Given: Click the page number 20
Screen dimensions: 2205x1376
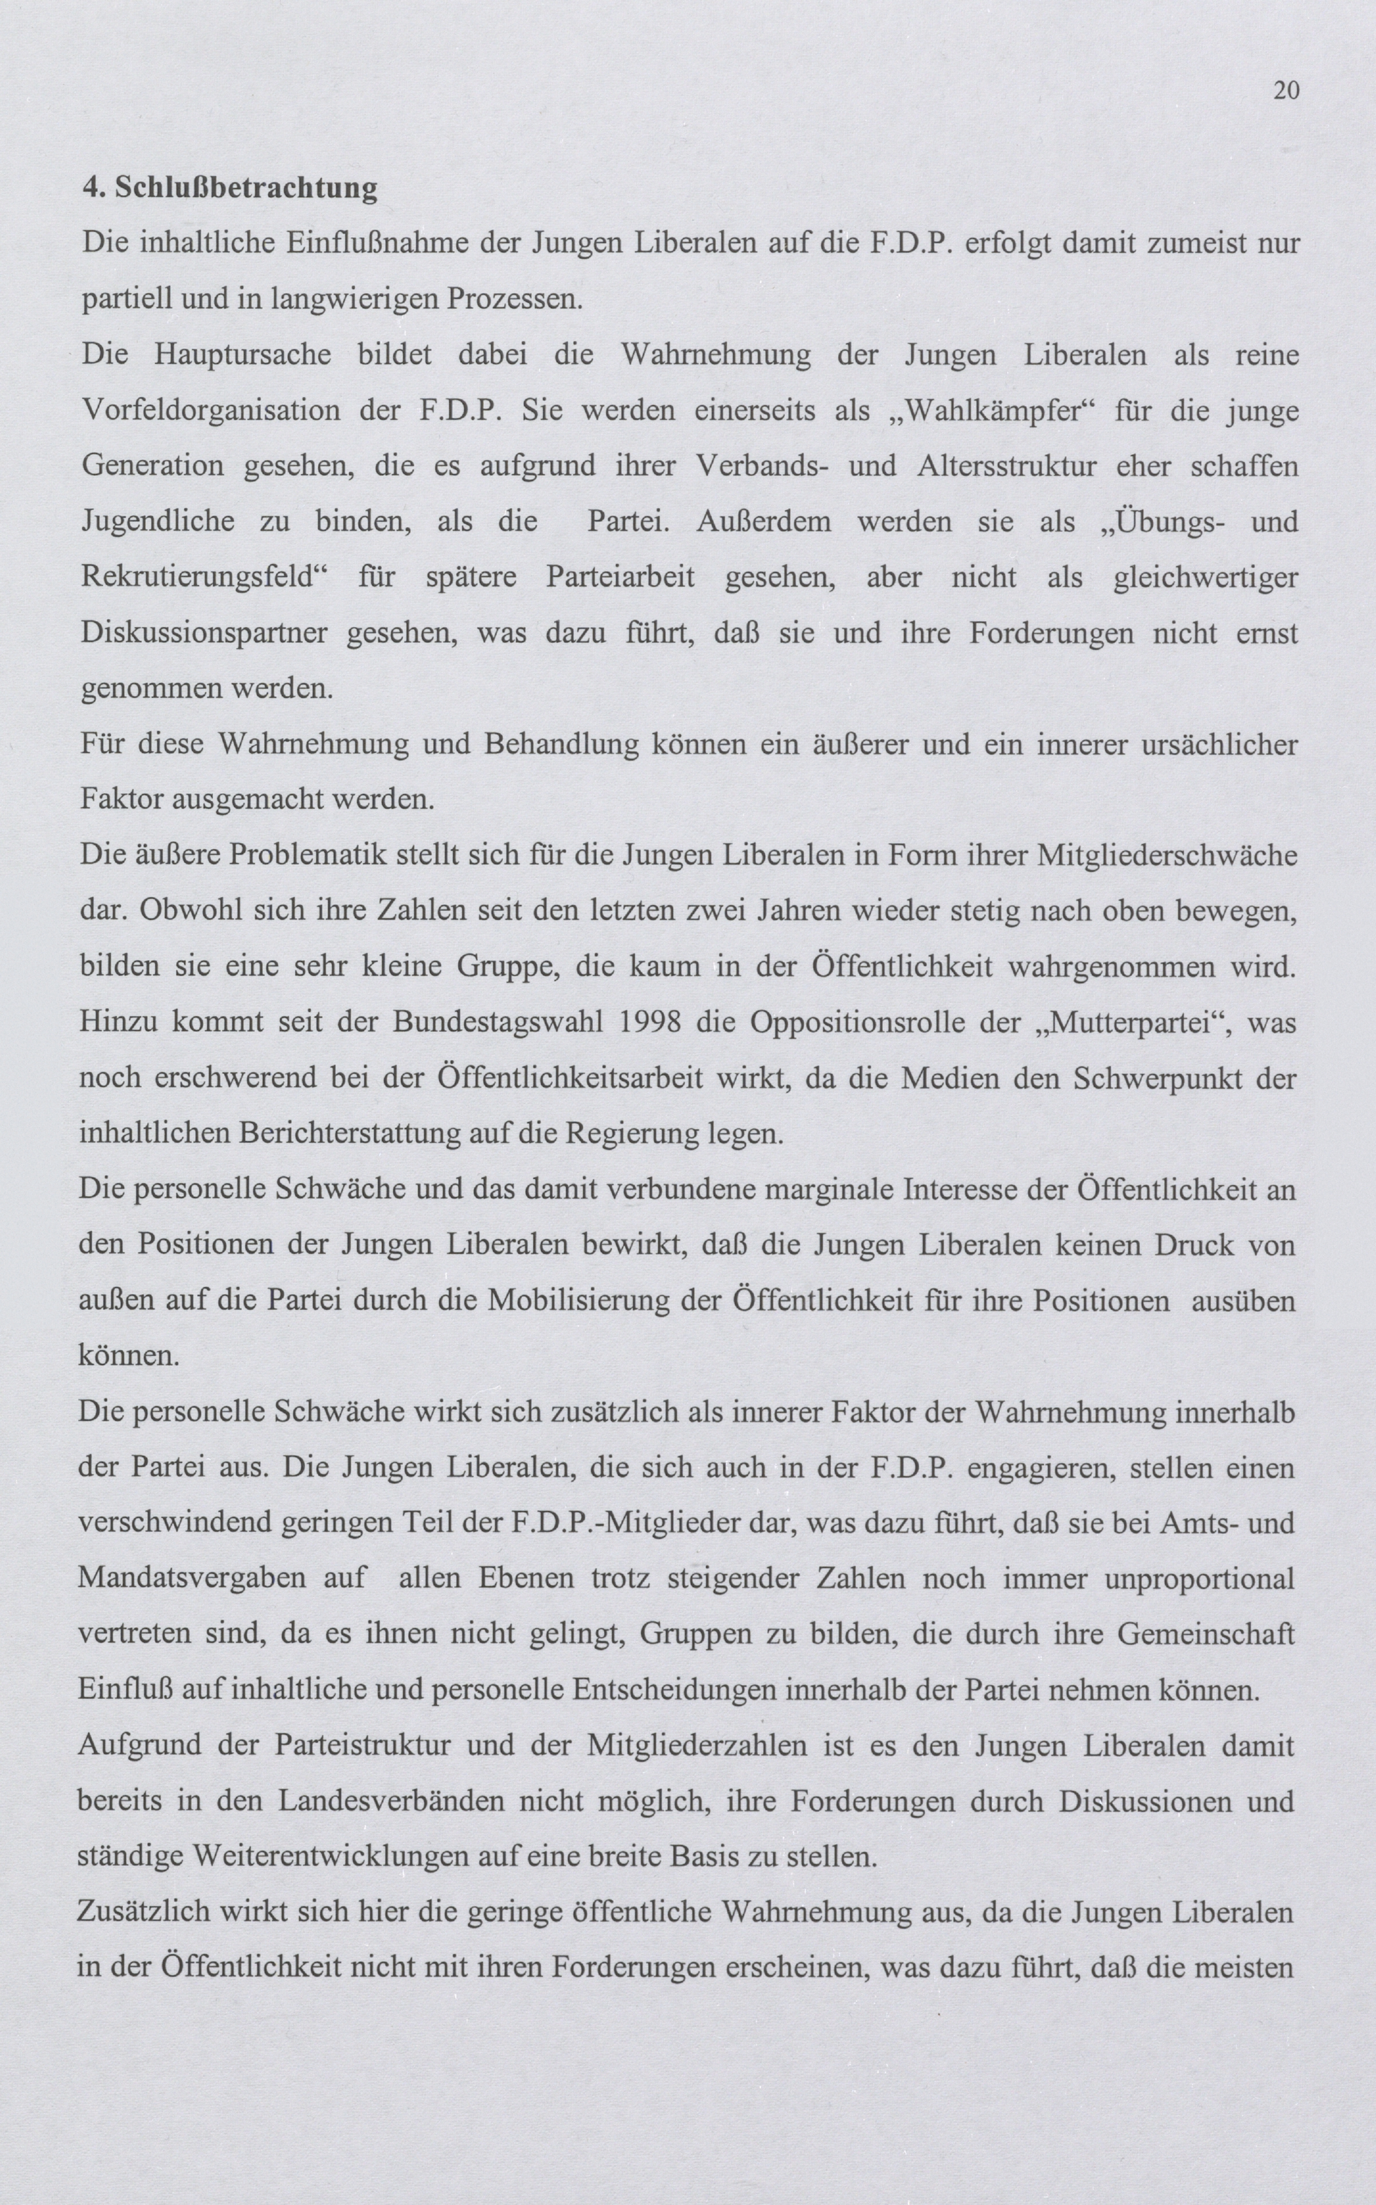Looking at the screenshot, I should point(1286,90).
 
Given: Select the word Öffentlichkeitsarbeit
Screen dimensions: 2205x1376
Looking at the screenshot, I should point(571,1079).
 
